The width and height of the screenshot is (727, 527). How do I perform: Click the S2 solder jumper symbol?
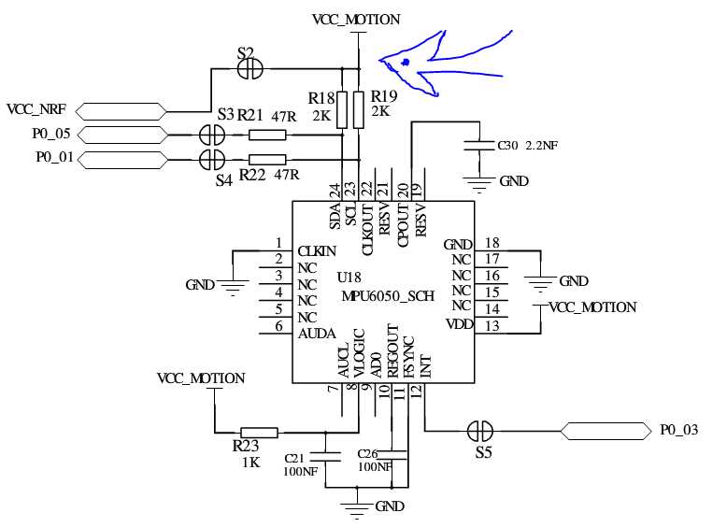[250, 69]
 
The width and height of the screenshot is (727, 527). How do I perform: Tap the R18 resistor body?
[342, 110]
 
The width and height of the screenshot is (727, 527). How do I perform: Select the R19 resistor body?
[359, 110]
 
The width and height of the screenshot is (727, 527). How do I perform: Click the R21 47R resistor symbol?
[267, 135]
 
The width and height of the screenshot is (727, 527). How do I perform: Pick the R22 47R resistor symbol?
[267, 160]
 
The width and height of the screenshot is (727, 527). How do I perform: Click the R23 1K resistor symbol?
[259, 433]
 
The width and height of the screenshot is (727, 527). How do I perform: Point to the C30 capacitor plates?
[479, 145]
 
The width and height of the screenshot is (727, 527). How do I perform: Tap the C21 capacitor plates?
[325, 456]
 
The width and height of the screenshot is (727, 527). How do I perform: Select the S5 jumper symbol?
[480, 432]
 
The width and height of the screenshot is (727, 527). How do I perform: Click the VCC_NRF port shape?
[121, 112]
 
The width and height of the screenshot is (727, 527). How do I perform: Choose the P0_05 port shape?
[122, 135]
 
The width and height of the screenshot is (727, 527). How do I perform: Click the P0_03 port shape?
[606, 431]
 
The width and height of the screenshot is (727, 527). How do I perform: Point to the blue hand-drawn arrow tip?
[379, 60]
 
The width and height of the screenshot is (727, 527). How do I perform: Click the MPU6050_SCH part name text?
[388, 295]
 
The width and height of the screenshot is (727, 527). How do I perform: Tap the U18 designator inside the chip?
[349, 278]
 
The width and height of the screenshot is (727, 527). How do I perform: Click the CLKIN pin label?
[317, 251]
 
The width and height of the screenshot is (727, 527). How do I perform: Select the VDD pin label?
[459, 324]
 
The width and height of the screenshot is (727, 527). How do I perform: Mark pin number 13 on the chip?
[492, 326]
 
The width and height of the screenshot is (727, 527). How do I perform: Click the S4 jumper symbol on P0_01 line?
[212, 160]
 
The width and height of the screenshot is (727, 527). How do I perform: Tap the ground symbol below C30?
[479, 184]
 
